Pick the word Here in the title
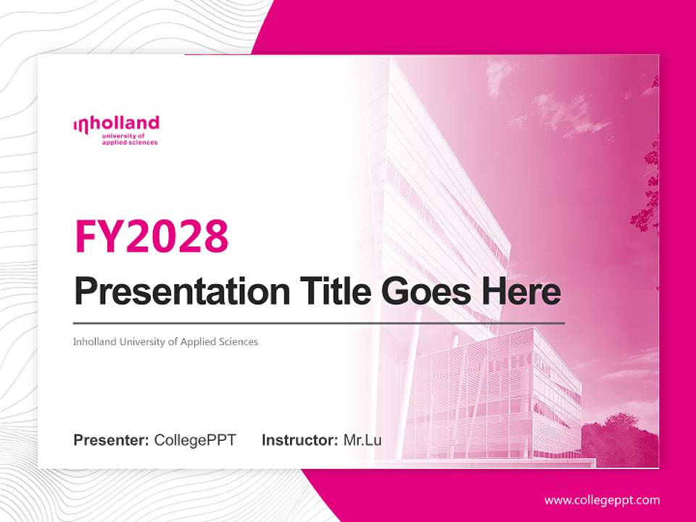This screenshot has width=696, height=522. [521, 291]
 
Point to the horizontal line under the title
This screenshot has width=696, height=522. [319, 323]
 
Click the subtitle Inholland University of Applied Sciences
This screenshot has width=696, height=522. [165, 341]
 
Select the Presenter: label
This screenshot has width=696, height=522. [112, 440]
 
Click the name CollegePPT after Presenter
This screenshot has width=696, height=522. [195, 440]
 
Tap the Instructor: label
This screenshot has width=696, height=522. [299, 440]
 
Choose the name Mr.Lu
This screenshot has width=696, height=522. [362, 440]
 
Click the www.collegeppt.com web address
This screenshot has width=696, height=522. [602, 500]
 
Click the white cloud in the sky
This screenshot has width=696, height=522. [562, 109]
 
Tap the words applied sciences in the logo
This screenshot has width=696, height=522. [130, 143]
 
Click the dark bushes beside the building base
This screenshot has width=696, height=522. [620, 439]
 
